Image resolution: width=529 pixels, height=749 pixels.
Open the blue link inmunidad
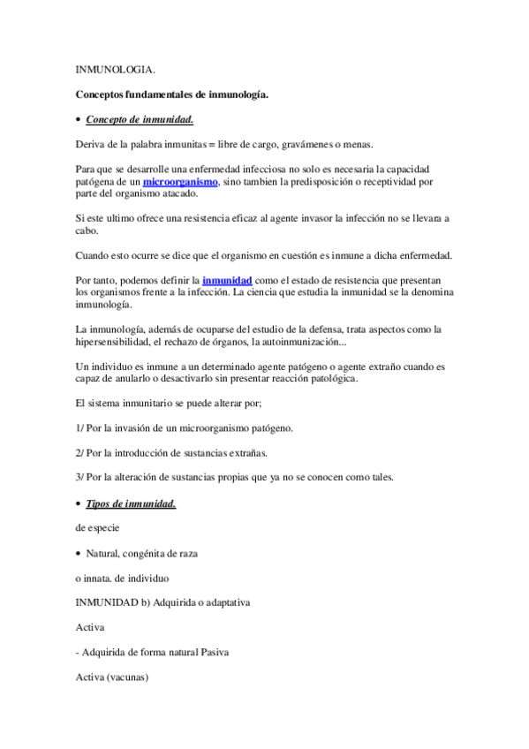click(227, 280)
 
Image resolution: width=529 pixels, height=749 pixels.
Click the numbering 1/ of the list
click(81, 428)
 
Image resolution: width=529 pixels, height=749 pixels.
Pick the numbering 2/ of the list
click(81, 453)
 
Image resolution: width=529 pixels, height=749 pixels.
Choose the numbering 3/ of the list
click(81, 478)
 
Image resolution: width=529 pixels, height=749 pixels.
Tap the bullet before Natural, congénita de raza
click(78, 554)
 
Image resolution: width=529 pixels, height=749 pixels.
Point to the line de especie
click(97, 528)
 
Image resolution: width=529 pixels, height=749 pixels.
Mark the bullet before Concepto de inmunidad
click(78, 120)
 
